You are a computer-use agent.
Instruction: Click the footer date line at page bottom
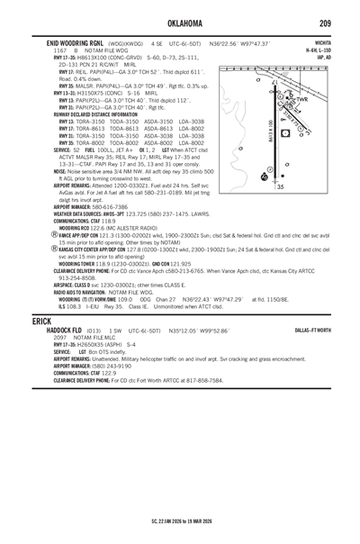click(180, 522)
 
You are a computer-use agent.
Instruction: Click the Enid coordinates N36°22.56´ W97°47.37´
click(239, 41)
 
